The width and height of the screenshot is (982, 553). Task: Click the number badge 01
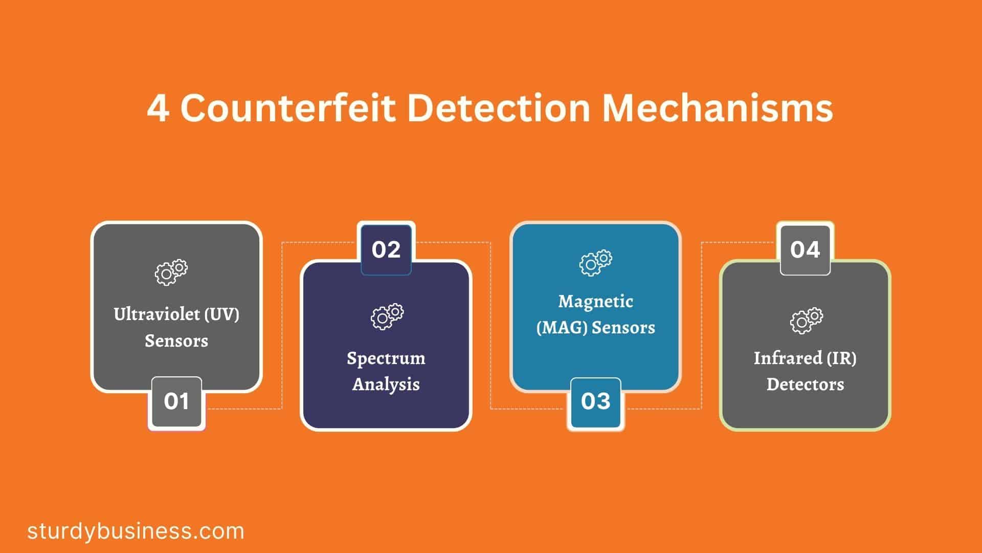tap(176, 402)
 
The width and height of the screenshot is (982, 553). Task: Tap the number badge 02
tap(386, 249)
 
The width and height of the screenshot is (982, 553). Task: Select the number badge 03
tap(596, 402)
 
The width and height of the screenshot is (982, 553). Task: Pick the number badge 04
tap(805, 249)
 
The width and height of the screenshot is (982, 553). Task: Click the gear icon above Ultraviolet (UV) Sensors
tap(171, 272)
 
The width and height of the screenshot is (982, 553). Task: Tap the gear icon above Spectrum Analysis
tap(387, 316)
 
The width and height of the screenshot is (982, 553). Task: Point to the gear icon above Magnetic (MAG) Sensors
tap(596, 263)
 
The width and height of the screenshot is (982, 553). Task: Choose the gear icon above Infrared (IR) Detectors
tap(807, 321)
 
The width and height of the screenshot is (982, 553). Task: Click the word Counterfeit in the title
tap(288, 108)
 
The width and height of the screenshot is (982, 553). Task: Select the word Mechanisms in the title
tap(718, 108)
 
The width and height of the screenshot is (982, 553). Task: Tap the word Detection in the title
tap(499, 108)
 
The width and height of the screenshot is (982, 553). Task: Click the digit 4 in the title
tap(158, 109)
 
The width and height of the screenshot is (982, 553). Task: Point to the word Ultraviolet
tap(157, 314)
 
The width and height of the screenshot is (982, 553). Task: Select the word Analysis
tap(386, 384)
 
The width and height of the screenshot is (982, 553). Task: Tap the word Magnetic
tap(596, 302)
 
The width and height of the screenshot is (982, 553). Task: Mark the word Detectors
tap(805, 384)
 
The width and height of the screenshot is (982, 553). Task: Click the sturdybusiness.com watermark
tap(136, 531)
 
